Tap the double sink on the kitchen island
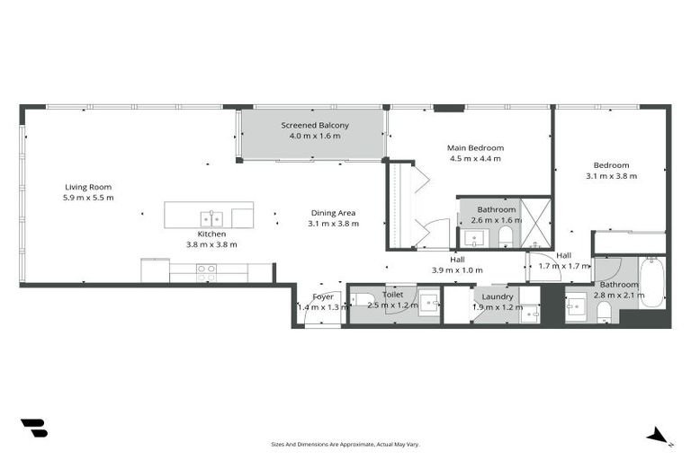[x=211, y=217]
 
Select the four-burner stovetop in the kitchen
[x=206, y=268]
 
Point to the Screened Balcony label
[x=315, y=125]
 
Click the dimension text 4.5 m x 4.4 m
[x=475, y=159]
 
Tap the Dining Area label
[x=333, y=213]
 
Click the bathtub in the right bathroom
[x=651, y=282]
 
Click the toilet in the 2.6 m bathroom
[x=506, y=236]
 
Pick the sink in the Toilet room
[x=428, y=301]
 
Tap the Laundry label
[x=497, y=296]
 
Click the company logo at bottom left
[x=33, y=429]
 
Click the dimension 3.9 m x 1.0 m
[x=457, y=270]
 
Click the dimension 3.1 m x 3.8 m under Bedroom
[x=611, y=176]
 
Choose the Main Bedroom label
[x=475, y=147]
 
